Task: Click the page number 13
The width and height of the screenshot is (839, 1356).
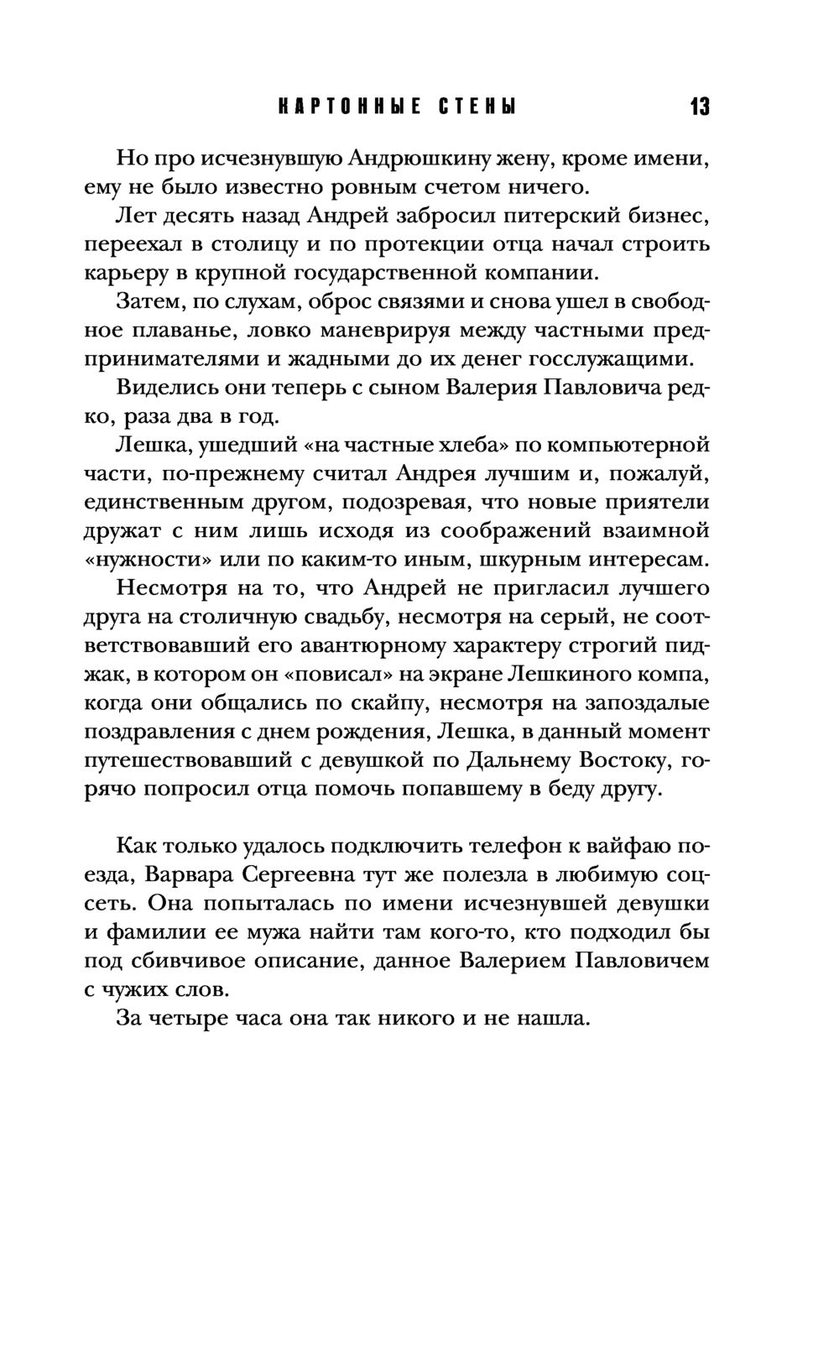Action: click(x=700, y=107)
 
